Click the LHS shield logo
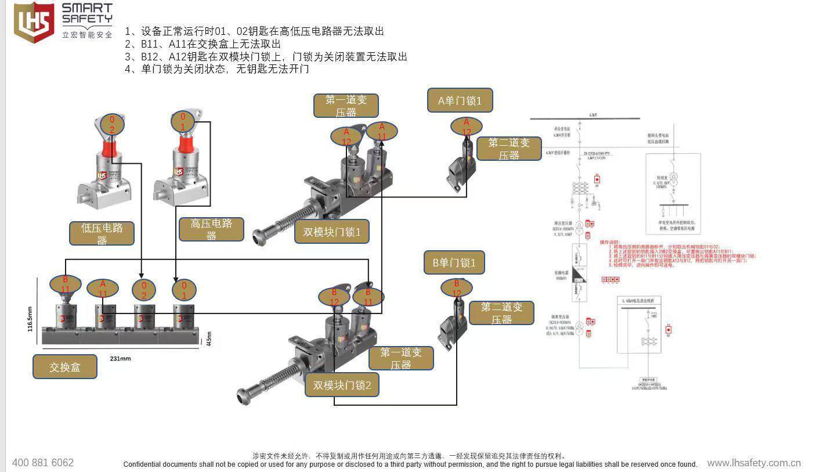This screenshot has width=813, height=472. click(34, 22)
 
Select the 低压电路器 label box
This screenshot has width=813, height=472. click(102, 233)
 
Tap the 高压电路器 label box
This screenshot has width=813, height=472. click(211, 229)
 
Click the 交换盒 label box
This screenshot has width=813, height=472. click(64, 367)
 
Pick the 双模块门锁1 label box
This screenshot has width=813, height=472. click(332, 232)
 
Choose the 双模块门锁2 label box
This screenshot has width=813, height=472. click(342, 385)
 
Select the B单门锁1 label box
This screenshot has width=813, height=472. click(454, 263)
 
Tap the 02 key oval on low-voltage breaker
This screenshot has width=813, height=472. click(112, 124)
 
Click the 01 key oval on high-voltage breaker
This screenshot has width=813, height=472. click(183, 121)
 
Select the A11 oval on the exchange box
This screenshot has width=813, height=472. click(103, 289)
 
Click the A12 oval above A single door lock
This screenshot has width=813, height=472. click(466, 127)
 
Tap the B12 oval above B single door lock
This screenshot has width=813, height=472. click(457, 288)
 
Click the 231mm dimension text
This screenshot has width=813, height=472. click(120, 359)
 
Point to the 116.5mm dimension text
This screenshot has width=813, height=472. click(30, 319)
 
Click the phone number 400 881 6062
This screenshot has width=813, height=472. click(43, 463)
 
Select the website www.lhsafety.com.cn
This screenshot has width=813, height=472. click(754, 463)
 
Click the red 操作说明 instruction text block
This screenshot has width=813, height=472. click(673, 253)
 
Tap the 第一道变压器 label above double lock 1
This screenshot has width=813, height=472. click(346, 106)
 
